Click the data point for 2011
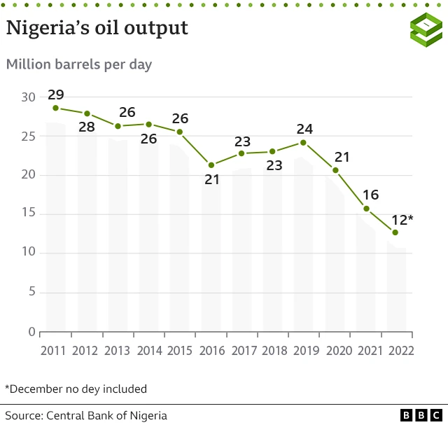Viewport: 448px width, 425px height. coord(55,108)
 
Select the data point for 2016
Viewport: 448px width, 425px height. coord(211,165)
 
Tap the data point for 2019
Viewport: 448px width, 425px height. coord(303,142)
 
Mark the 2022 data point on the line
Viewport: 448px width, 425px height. coord(395,232)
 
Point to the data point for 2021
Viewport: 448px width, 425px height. coord(366,209)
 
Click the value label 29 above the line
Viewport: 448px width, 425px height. coord(55,94)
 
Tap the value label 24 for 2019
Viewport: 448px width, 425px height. coord(304,128)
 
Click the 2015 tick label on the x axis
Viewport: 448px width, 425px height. coord(180,350)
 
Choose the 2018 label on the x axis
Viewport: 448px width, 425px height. coord(273,350)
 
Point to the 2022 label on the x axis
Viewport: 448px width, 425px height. coord(400,350)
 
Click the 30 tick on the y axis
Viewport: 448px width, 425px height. coord(27,97)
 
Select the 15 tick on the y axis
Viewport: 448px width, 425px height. coord(27,214)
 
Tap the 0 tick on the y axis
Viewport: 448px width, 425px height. coord(31,332)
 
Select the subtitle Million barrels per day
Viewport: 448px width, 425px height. coord(79,64)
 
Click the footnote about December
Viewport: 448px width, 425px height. coord(76,389)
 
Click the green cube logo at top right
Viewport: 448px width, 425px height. coord(426,29)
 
